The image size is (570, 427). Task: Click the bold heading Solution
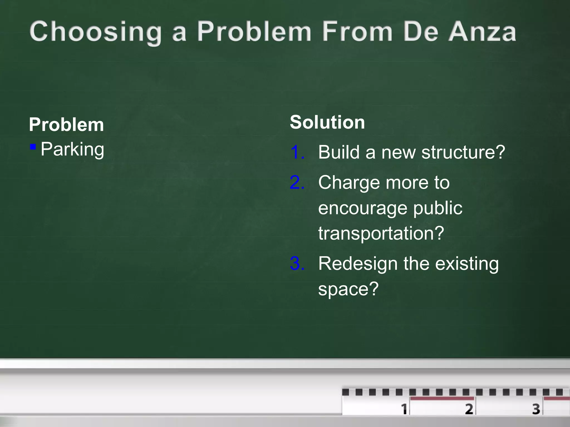[x=327, y=122]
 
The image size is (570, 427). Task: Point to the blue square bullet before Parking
[x=33, y=147]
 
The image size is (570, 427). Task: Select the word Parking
[x=72, y=150]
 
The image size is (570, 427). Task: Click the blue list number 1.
[x=296, y=152]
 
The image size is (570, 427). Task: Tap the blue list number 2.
[x=297, y=183]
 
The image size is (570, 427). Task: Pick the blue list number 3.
[x=297, y=263]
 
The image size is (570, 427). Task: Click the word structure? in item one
[x=463, y=152]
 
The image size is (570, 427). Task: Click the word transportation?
[x=381, y=233]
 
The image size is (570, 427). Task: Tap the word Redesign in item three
[x=358, y=264]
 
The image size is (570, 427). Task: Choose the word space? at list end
[x=348, y=289]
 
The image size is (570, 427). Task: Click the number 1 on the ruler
[x=404, y=409]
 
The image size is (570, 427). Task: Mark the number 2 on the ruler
[x=469, y=409]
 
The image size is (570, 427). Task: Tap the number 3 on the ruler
[x=536, y=409]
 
